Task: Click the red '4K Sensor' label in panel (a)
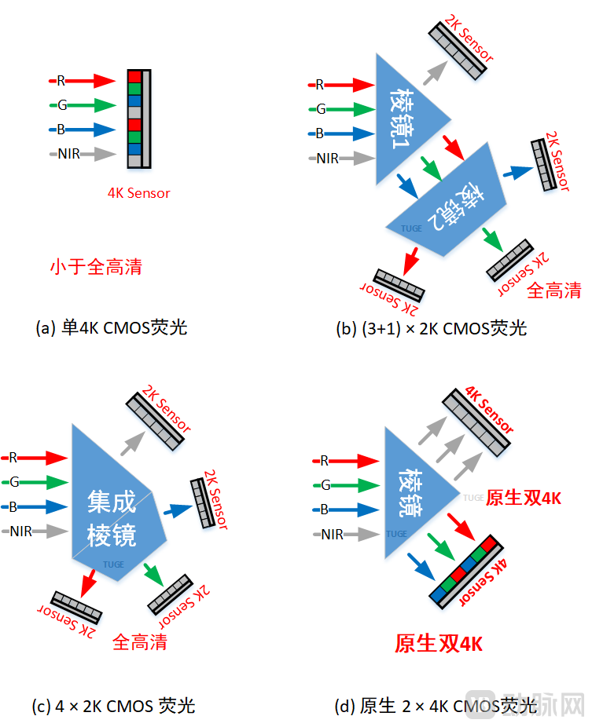point(138,192)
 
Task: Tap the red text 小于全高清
point(95,267)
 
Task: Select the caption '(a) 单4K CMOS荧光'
point(112,327)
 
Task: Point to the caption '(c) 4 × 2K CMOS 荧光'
point(113,706)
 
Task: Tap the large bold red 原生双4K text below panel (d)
point(438,644)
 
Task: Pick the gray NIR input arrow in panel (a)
point(97,153)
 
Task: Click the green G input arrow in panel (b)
point(348,109)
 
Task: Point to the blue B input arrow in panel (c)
point(42,506)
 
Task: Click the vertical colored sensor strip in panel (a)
point(134,119)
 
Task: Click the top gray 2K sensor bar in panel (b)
point(458,46)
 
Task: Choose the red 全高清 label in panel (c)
point(140,642)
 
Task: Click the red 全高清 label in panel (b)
point(553,290)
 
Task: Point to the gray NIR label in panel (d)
point(333,535)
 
